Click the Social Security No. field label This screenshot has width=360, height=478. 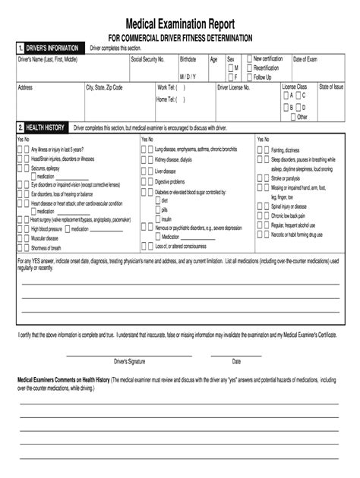pyautogui.click(x=147, y=59)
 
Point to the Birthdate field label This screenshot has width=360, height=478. pyautogui.click(x=188, y=59)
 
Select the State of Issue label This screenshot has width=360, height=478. pyautogui.click(x=331, y=87)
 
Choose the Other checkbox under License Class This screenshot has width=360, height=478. pyautogui.click(x=291, y=117)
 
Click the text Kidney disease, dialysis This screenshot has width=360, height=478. pyautogui.click(x=173, y=160)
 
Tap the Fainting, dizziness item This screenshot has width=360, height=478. pyautogui.click(x=285, y=150)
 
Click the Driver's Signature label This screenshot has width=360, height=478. pyautogui.click(x=129, y=361)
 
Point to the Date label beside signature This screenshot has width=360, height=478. pyautogui.click(x=236, y=361)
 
